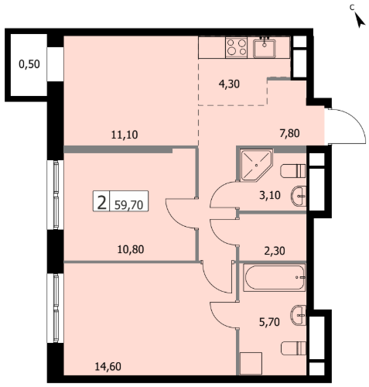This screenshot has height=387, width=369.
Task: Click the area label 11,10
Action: tap(125, 135)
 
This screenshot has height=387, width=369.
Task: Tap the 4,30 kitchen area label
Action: tap(229, 84)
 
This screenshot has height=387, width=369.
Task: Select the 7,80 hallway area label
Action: tap(289, 133)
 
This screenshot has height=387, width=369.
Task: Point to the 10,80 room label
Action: tap(131, 249)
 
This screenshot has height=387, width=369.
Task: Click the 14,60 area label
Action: tap(108, 366)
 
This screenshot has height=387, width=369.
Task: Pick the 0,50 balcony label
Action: tap(29, 64)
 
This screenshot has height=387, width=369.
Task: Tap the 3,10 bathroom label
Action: tap(270, 195)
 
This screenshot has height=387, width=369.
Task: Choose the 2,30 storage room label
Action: tap(275, 251)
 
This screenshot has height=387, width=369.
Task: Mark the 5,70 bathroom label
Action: tap(269, 322)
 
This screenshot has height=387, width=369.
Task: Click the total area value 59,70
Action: tap(129, 205)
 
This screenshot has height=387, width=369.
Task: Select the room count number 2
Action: tap(102, 203)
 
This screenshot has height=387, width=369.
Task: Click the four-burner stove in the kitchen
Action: tap(237, 47)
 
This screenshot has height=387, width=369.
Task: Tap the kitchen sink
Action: tap(265, 47)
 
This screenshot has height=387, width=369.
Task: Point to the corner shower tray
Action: tap(256, 165)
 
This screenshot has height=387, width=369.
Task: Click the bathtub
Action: tap(274, 278)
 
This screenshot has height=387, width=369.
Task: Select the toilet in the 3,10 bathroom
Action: tap(293, 171)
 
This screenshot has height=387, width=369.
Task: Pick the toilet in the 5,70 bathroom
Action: tap(293, 348)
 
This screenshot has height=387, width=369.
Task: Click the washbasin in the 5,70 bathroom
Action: tap(299, 315)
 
